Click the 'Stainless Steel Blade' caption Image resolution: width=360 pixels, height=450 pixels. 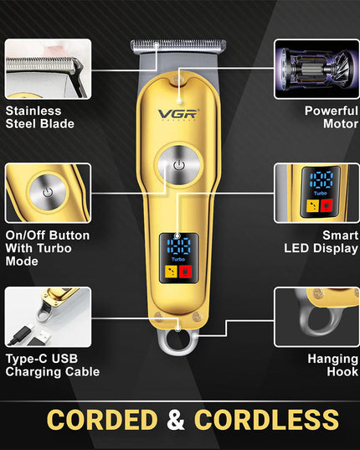[39, 117]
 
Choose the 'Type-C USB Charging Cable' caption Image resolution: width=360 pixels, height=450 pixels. [52, 365]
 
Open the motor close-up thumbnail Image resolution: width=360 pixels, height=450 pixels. [316, 69]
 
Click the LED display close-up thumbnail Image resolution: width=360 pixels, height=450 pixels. [316, 193]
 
